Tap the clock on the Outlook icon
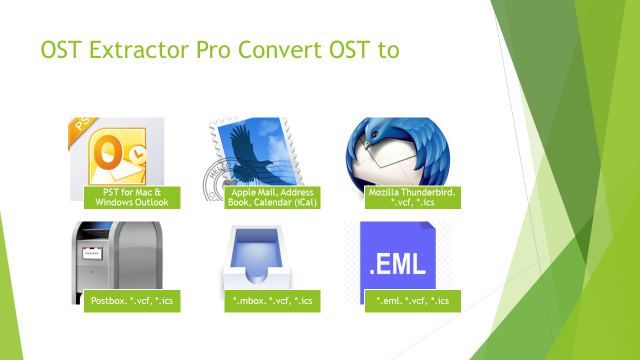coord(137,156)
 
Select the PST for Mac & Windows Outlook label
coord(132,197)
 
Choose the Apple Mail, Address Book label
coord(272,197)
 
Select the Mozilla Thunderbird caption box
coord(412,197)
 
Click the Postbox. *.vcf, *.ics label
coord(132,301)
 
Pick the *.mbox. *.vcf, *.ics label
coord(272,301)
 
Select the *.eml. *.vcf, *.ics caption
coord(412,301)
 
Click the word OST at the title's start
coord(61,50)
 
